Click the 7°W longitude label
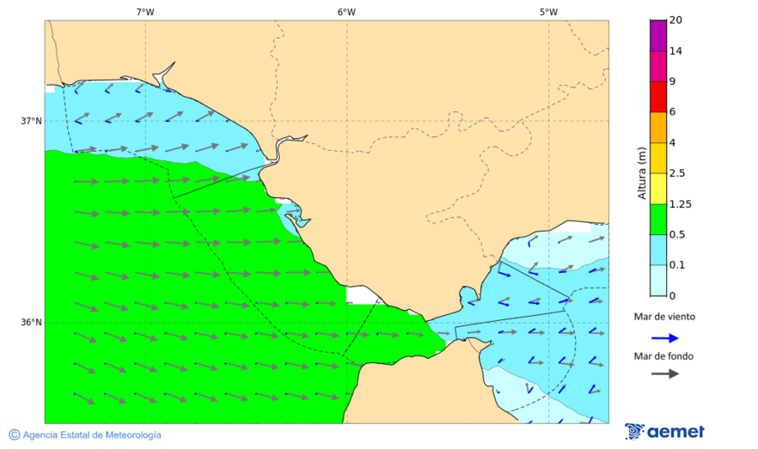coord(145,12)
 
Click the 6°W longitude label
coord(346,12)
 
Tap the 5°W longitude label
coord(548,12)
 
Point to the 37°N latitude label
coord(31,120)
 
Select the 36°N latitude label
coord(31,322)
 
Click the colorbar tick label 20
coord(675,20)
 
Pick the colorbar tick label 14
coord(675,51)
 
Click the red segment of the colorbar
coord(658,96)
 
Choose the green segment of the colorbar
coord(658,219)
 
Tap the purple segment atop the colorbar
coord(658,35)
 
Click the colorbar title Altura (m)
coord(642,173)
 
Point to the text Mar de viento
coord(665,317)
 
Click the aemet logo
coord(665,431)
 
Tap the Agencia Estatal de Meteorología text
coord(92,435)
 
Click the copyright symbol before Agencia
coord(14,435)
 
